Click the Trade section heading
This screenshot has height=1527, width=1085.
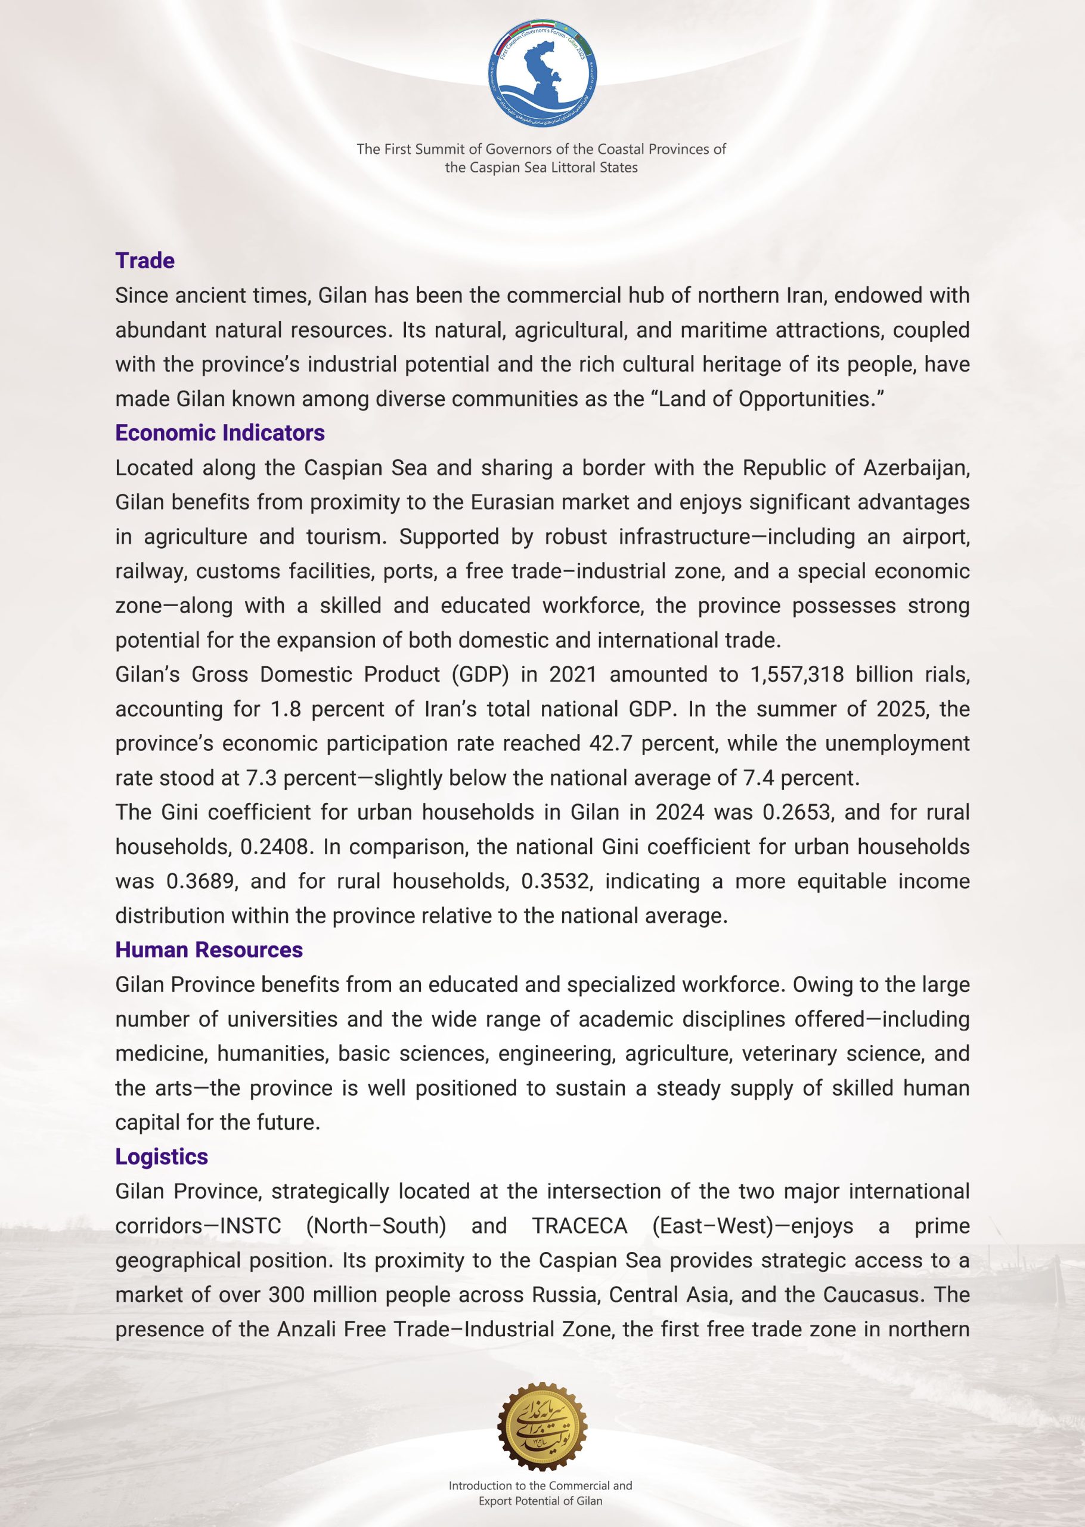pos(144,261)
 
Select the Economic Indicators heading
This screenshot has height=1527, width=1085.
pos(220,433)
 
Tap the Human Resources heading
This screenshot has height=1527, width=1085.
pos(209,950)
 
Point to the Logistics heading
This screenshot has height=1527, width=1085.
pos(161,1157)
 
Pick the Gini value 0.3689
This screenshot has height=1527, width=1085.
pos(201,881)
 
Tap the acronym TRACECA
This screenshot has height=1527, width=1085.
pos(579,1226)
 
